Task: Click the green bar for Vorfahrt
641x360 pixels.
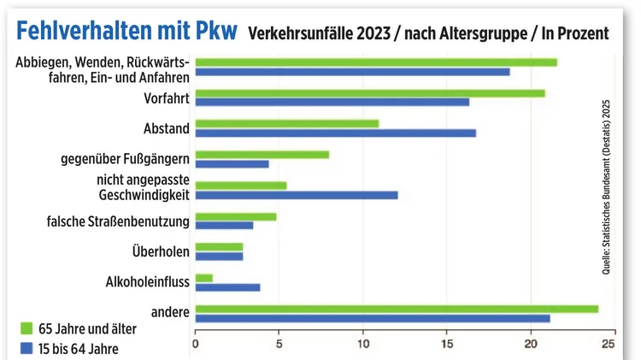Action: [369, 93]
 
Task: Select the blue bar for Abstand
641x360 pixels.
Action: [335, 133]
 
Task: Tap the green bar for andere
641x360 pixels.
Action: [397, 309]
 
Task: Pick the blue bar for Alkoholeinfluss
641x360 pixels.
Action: [227, 286]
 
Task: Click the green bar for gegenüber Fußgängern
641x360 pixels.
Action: [262, 155]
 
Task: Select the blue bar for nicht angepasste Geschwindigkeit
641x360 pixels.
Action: [296, 195]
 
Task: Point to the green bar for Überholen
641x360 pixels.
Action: [219, 246]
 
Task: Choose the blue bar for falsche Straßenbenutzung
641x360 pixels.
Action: [224, 226]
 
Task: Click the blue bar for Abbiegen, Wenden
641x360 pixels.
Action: [352, 72]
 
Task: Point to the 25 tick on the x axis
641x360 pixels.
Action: [609, 345]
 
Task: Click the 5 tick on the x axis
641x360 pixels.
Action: [279, 345]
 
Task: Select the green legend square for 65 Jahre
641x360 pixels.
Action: [25, 328]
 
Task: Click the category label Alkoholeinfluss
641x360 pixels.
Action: [147, 280]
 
